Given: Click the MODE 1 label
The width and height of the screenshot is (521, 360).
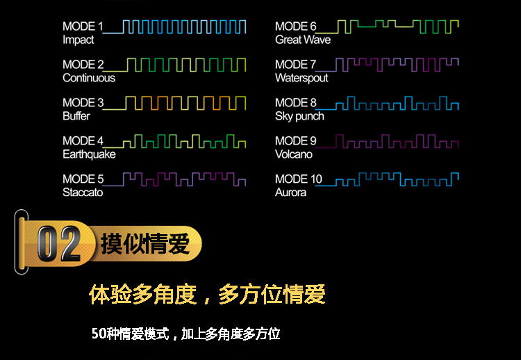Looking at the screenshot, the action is click(x=83, y=26).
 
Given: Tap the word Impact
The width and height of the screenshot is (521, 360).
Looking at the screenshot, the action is click(x=78, y=40).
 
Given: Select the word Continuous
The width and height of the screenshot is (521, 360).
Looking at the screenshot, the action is click(x=89, y=78).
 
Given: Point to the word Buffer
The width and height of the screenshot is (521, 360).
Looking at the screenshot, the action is click(x=76, y=116).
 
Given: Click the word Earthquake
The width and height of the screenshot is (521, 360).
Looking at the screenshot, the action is click(x=89, y=154).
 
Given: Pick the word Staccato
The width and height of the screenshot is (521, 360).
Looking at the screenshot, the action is click(x=83, y=193).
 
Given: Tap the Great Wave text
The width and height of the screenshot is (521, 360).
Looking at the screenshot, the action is click(x=303, y=40).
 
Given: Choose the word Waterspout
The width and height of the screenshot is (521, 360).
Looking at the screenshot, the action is click(x=301, y=78).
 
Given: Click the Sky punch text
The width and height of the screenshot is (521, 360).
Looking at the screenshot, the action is click(x=299, y=116).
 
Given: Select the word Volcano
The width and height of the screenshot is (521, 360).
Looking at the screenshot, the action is click(x=294, y=154).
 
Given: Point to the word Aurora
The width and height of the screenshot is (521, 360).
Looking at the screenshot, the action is click(x=290, y=193).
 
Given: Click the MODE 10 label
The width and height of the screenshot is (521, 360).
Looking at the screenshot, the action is click(x=298, y=179).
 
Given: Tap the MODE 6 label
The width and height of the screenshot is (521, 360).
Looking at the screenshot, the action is click(x=295, y=26).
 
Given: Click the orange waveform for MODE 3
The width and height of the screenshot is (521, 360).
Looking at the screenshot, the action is click(x=184, y=103).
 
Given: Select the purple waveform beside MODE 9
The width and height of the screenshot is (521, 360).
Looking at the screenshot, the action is click(x=396, y=142).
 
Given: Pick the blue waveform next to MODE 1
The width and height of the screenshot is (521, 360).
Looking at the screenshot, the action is click(x=184, y=26).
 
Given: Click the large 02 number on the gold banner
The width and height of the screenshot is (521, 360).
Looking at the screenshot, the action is click(x=58, y=243).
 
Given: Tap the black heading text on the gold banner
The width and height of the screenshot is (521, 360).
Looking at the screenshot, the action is click(x=144, y=244).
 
